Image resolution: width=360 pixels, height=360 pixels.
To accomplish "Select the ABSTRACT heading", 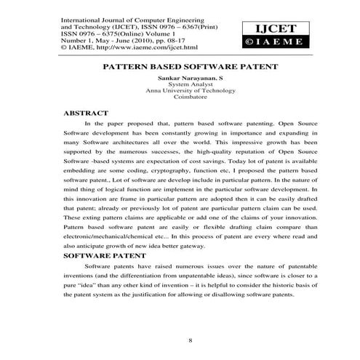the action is click(x=86, y=113).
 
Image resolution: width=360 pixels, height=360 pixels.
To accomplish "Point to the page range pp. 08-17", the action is click(x=153, y=39).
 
